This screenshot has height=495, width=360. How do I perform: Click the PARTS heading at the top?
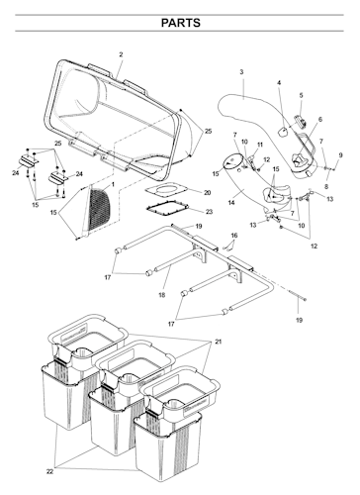[x=180, y=23]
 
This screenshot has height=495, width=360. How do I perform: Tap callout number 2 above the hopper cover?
[x=121, y=54]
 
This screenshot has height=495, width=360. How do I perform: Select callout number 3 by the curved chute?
[x=241, y=72]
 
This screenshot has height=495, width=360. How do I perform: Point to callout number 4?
[x=279, y=82]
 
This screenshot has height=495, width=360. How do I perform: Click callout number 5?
[x=301, y=95]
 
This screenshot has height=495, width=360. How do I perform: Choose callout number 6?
[x=320, y=120]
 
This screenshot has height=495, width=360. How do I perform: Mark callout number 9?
[x=340, y=155]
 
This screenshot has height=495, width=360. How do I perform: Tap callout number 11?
[x=260, y=145]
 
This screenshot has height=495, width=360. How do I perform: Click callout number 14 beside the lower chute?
[x=231, y=202]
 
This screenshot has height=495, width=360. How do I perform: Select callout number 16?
[x=234, y=236]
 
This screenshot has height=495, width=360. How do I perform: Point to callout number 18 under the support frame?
[x=162, y=295]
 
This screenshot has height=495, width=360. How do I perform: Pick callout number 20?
[x=207, y=192]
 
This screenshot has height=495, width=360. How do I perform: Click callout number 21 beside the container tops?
[x=219, y=342]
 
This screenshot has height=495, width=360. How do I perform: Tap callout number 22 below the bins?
[x=49, y=472]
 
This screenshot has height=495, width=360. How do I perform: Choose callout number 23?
[x=209, y=212]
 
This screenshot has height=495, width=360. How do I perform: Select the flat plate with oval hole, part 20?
[x=166, y=190]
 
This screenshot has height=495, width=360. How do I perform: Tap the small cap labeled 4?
[x=283, y=132]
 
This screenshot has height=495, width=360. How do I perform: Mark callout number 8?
[x=326, y=186]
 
